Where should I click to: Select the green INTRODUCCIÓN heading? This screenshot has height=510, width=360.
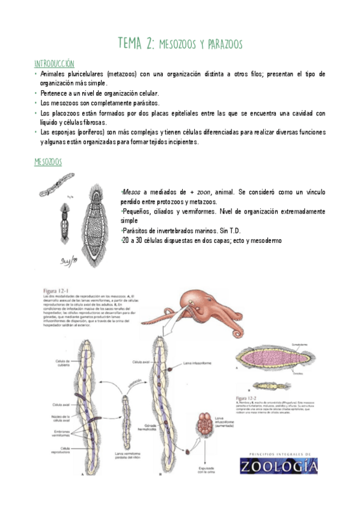[x=54, y=63]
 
